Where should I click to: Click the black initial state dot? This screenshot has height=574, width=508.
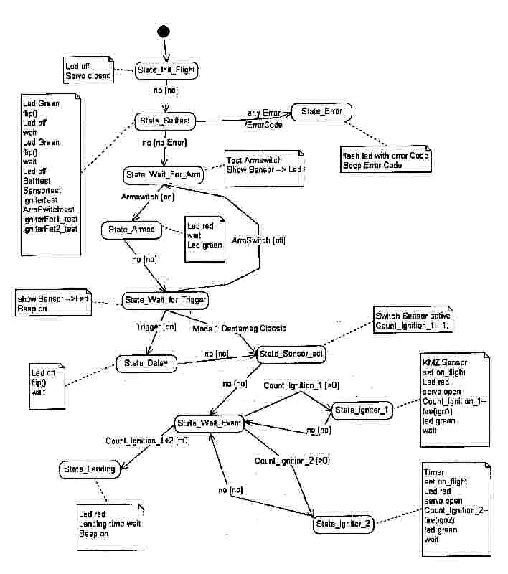coord(164,32)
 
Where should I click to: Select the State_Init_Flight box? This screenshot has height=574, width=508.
coord(166,70)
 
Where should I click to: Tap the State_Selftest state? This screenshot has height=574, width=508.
coord(164,122)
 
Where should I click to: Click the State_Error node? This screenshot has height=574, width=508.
coord(321,111)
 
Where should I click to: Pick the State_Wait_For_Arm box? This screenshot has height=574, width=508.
coord(164,174)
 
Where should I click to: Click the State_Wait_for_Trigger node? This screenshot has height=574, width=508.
coord(166,298)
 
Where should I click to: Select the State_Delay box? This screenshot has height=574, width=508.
coord(146,363)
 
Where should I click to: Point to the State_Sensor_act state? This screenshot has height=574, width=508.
coord(288,354)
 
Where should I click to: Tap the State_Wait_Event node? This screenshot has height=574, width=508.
coord(210,423)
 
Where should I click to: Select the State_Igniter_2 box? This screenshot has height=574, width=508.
coord(342,524)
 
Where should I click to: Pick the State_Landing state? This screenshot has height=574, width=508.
coord(89,469)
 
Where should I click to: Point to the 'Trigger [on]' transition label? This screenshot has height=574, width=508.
coord(156,326)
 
